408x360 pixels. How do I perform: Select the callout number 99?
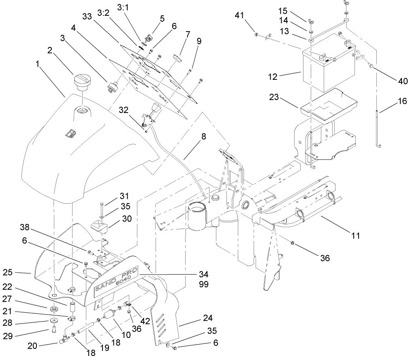tap(203, 285)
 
